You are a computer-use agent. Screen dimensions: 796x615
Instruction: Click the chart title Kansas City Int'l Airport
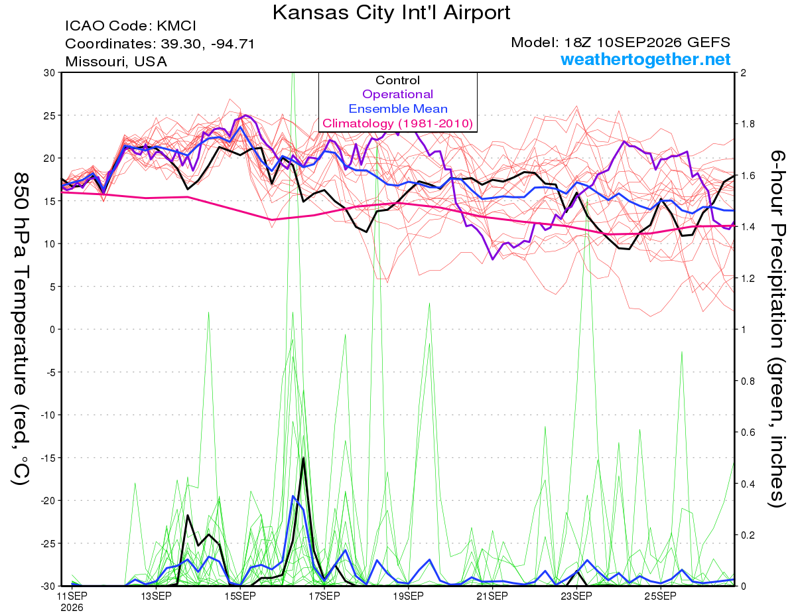[x=391, y=13]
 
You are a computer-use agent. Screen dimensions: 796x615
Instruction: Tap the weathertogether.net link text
[x=645, y=59]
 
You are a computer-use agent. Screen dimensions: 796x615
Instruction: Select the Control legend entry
[x=397, y=80]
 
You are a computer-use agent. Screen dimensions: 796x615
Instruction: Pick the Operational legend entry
[x=397, y=94]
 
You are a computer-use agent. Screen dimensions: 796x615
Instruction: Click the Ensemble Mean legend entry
[x=398, y=109]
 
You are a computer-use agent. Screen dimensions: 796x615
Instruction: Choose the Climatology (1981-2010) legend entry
[x=397, y=123]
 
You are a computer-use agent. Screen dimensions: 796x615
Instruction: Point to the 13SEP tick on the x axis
[x=156, y=596]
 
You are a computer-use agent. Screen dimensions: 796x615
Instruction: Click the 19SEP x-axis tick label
[x=408, y=596]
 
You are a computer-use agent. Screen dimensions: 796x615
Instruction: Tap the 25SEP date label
[x=660, y=596]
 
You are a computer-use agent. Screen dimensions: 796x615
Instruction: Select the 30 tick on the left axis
[x=50, y=73]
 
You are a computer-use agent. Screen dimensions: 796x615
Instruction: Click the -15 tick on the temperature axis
[x=48, y=458]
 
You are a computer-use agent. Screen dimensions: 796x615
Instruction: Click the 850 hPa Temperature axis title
[x=21, y=328]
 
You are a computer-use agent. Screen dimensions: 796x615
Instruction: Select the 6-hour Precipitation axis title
[x=777, y=328]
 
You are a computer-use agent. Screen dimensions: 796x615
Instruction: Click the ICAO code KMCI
[x=176, y=26]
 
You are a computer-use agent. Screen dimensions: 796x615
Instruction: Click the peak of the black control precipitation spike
[x=303, y=458]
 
